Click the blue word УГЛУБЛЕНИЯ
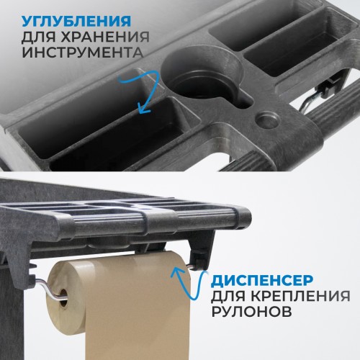coord(76,21)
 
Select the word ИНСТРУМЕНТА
coord(83,53)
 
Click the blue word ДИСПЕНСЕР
coord(262,280)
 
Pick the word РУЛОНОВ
coord(251,311)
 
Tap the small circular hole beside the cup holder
coord(268,120)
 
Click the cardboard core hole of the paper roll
coord(63,298)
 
